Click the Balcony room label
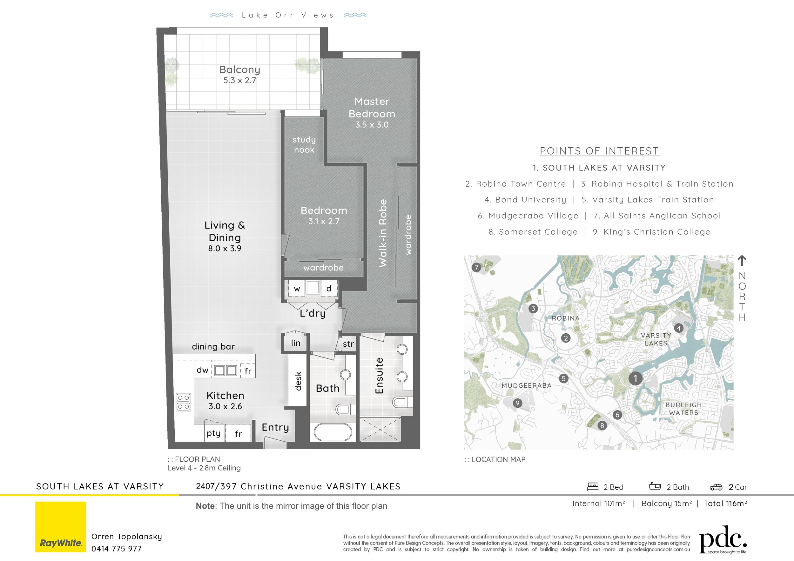[x=240, y=70]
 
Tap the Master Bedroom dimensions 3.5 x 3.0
[x=372, y=125]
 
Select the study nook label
[x=304, y=144]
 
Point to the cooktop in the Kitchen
[x=183, y=402]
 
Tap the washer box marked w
[x=297, y=289]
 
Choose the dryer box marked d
[x=329, y=288]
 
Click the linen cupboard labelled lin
[x=295, y=343]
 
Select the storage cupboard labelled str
[x=348, y=344]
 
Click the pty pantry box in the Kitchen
[x=213, y=433]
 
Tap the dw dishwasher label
[x=202, y=370]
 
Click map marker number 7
[x=476, y=267]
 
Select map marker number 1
[x=635, y=378]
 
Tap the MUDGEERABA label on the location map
[x=526, y=385]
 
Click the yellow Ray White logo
[x=61, y=526]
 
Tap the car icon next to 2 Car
[x=716, y=487]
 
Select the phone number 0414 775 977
[x=117, y=549]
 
